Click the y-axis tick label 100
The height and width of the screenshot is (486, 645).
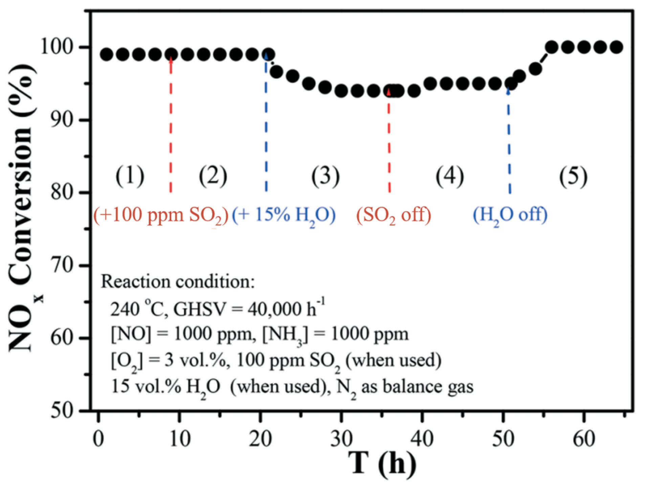(57, 46)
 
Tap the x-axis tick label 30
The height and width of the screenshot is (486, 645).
(341, 439)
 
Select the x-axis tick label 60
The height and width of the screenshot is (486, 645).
(584, 439)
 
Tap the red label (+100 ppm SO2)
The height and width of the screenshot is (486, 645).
(161, 215)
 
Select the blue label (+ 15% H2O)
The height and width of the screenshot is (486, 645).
(284, 215)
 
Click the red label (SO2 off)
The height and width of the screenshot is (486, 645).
(394, 215)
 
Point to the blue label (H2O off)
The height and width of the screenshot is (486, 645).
(510, 215)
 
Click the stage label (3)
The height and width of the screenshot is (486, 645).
(325, 176)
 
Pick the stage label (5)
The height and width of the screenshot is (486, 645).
(573, 176)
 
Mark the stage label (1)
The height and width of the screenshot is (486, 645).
(130, 176)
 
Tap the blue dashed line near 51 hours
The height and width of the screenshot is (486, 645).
(509, 142)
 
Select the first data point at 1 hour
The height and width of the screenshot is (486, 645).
(107, 54)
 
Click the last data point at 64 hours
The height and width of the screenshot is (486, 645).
(617, 47)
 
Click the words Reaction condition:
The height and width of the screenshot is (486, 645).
(178, 281)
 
